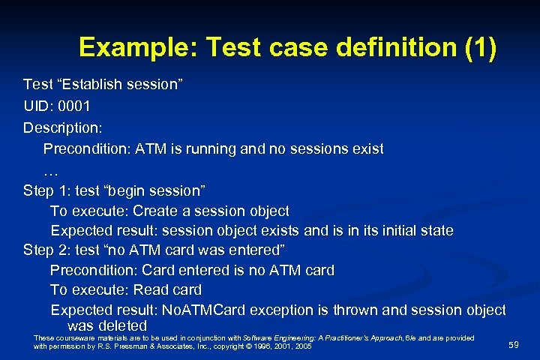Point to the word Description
point(62,127)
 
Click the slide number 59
point(513,345)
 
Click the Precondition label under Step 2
point(93,270)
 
